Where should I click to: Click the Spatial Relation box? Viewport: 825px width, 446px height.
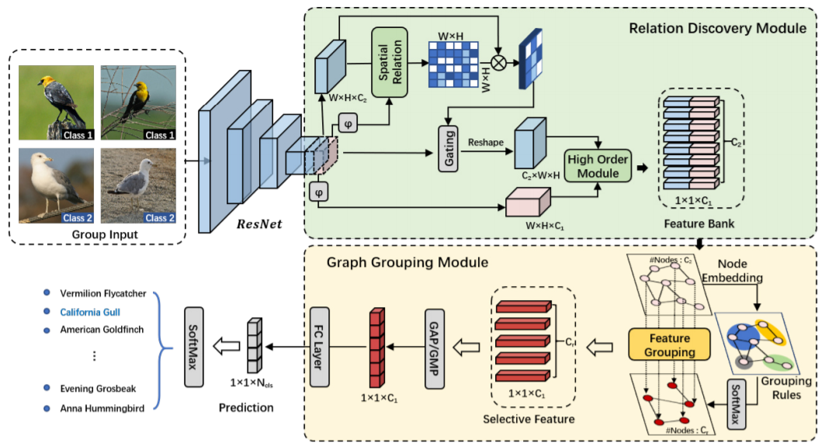pos(390,62)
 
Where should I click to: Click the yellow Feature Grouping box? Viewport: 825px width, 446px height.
pos(671,344)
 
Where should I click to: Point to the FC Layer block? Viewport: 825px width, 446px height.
pos(321,347)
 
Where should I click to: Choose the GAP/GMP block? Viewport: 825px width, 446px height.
pos(435,347)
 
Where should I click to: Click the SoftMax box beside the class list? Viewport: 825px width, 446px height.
pos(195,347)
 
